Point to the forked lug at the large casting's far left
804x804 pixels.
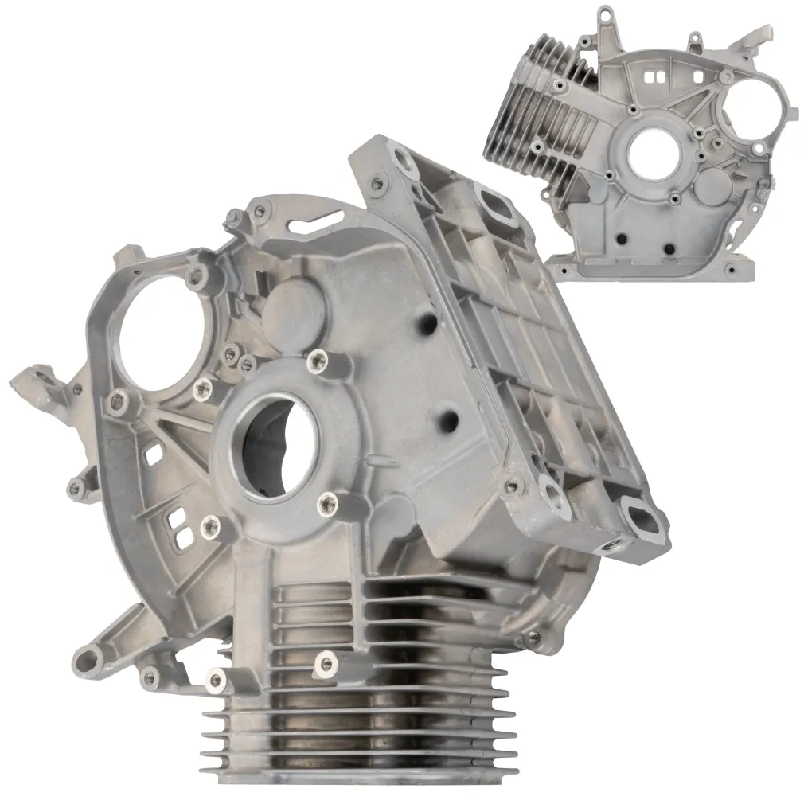pyautogui.click(x=36, y=381)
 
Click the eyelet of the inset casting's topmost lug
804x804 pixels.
pyautogui.click(x=607, y=14)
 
